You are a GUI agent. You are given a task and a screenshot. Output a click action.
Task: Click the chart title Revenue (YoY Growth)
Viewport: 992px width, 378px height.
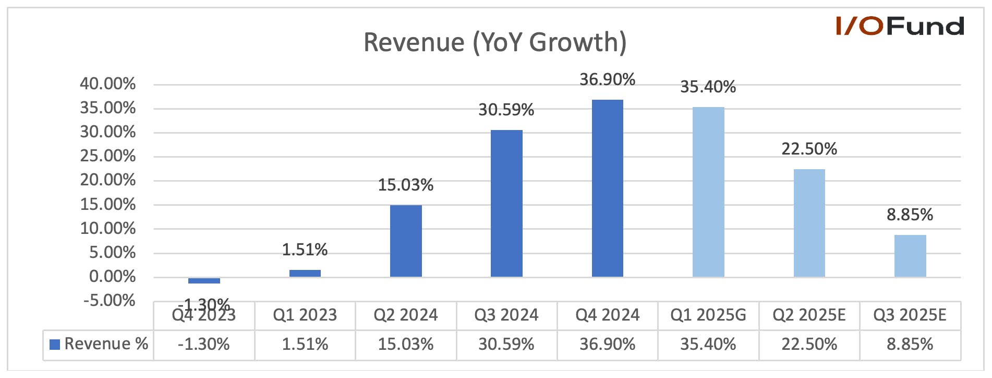[x=495, y=43]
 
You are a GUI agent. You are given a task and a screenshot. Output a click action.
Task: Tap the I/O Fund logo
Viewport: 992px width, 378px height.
[x=900, y=26]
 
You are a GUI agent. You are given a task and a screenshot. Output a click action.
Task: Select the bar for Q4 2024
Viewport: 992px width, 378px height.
[x=608, y=188]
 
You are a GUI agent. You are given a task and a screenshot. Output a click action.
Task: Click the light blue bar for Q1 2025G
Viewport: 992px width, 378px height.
[x=708, y=192]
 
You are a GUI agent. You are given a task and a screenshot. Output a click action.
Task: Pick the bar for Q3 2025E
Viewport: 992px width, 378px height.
[x=910, y=256]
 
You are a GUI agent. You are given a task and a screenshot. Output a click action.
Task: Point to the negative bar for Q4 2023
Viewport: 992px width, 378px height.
[x=204, y=280]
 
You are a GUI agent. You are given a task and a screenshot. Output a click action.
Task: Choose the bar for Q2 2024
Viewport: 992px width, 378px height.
[x=406, y=241]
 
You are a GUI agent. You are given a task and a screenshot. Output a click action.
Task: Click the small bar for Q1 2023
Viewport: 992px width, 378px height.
[x=305, y=273]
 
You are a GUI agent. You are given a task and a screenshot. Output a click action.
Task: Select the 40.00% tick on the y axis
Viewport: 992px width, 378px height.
[x=107, y=84]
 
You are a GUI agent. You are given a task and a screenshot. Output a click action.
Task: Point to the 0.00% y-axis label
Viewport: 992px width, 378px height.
[x=112, y=276]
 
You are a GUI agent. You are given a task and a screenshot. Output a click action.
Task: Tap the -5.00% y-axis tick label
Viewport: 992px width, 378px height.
[x=109, y=300]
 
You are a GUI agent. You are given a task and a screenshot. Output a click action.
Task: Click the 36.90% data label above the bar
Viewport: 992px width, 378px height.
[x=608, y=79]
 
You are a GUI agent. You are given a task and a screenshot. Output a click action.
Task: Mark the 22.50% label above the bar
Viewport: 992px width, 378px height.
[x=809, y=149]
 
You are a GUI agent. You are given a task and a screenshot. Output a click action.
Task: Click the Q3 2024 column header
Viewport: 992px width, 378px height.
[x=506, y=315]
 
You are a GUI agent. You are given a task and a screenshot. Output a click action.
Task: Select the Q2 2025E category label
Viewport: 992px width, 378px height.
[x=809, y=315]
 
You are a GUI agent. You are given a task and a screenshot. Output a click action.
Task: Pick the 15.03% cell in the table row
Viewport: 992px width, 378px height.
[x=406, y=344]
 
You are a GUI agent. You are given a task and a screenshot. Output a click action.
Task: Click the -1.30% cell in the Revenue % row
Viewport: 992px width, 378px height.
[x=204, y=344]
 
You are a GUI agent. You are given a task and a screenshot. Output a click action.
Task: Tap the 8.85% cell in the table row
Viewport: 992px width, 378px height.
[x=910, y=344]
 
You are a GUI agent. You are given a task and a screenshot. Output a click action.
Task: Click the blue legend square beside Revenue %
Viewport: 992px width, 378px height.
[x=55, y=345]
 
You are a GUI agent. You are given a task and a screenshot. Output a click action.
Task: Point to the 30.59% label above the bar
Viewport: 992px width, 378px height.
[x=506, y=110]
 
